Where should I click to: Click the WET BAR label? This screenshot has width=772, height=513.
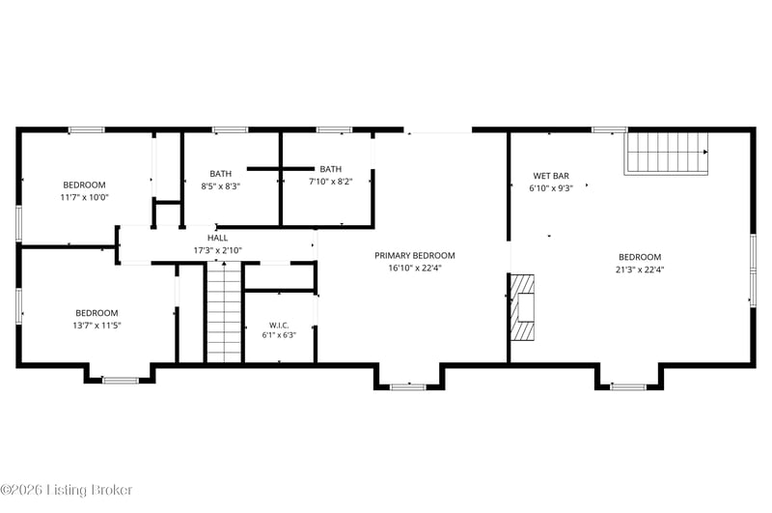(551, 176)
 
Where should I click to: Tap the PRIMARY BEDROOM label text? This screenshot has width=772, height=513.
(415, 256)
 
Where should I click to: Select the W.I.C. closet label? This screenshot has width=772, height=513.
(279, 326)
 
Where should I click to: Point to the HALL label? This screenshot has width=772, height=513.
(218, 238)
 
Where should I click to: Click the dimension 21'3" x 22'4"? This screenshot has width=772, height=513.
(640, 270)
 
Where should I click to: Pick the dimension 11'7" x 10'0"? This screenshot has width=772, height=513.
(84, 198)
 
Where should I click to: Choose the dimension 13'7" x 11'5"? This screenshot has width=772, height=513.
(96, 326)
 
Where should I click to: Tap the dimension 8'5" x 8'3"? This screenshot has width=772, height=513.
(220, 186)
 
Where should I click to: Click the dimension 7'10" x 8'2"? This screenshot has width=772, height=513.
(330, 182)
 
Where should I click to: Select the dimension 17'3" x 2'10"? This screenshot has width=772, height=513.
(218, 250)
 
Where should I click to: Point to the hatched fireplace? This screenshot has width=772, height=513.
(522, 307)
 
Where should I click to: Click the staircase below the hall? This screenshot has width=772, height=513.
(224, 312)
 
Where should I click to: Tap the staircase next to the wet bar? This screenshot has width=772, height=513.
(666, 154)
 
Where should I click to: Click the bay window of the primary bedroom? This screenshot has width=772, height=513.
(408, 386)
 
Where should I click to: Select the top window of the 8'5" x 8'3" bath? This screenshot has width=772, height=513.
(230, 130)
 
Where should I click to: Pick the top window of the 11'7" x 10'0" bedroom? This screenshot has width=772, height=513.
(87, 130)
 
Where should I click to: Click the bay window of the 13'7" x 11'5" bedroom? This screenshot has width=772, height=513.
(121, 380)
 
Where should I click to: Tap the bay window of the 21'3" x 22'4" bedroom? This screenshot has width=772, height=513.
(628, 386)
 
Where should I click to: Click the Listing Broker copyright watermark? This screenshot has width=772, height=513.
(67, 490)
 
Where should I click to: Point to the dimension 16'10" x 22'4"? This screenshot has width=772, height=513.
(415, 269)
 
